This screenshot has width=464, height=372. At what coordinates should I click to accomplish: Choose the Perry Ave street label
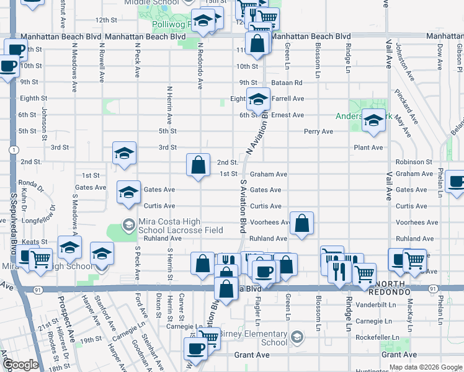coord(318,131)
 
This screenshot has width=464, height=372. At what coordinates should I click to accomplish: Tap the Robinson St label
coord(413,162)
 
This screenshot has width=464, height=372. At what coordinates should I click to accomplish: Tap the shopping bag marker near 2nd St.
coord(198,165)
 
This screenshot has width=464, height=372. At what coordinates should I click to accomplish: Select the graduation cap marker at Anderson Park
coord(373,122)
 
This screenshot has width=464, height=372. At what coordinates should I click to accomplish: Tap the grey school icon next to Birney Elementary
coord(297,337)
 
